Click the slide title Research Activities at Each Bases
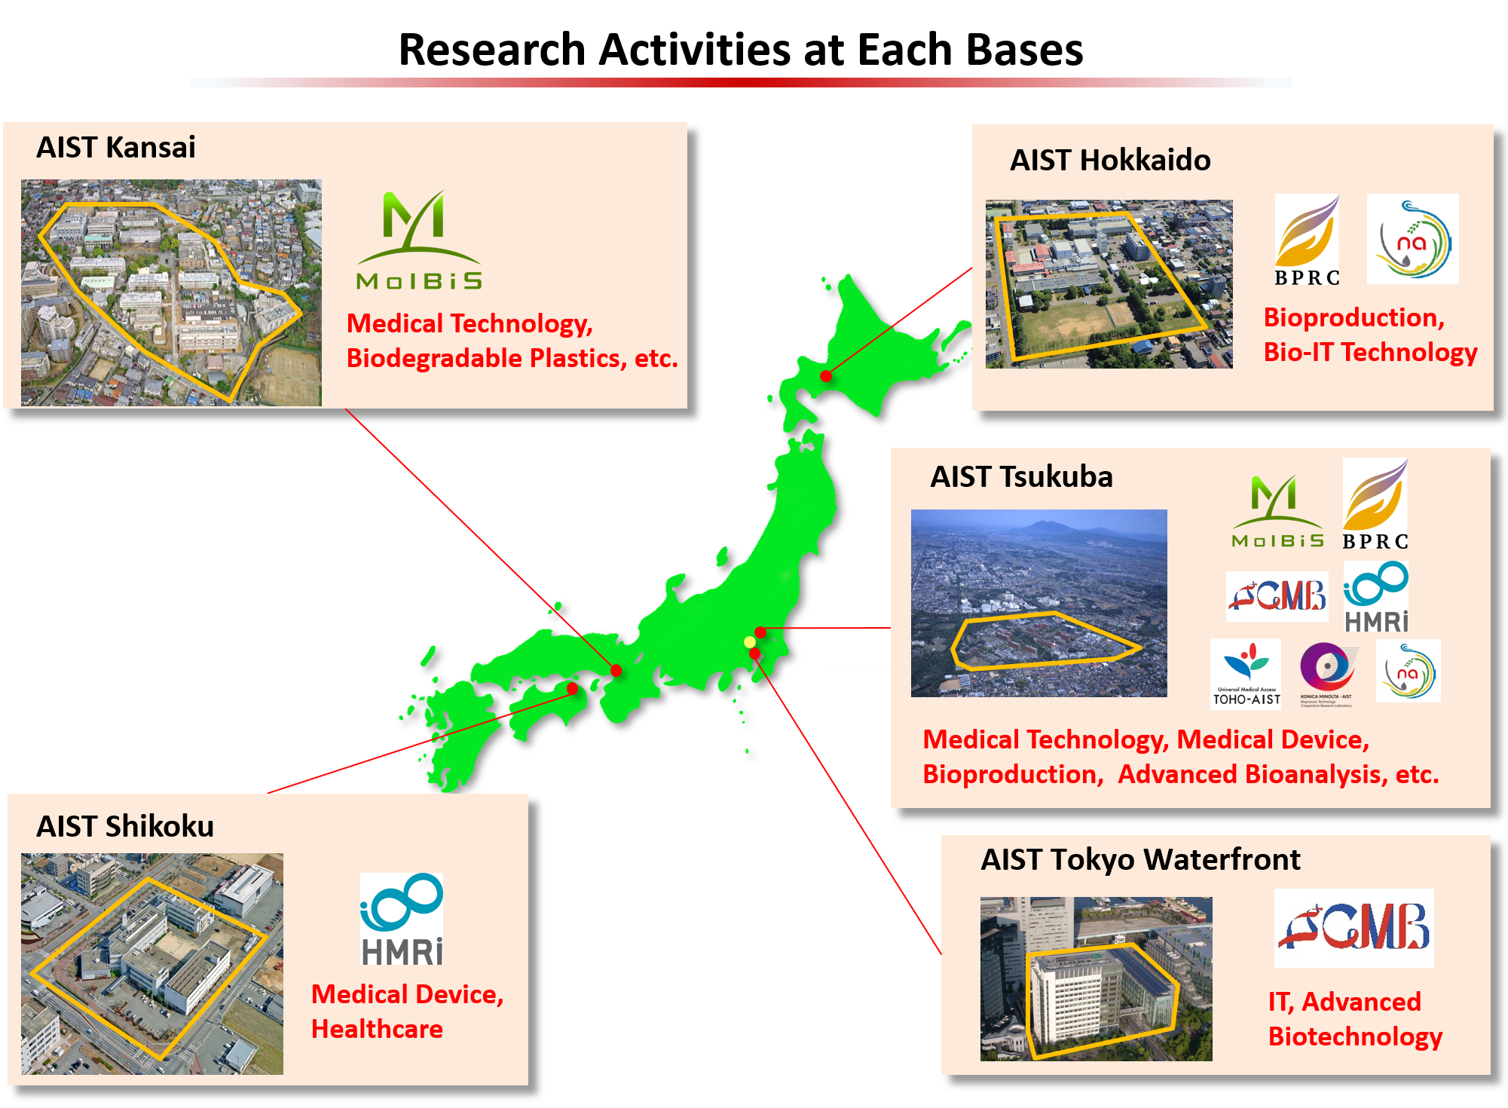[x=740, y=51]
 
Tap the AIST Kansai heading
[x=116, y=148]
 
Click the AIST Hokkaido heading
[x=1109, y=161]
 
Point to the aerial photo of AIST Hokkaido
[x=1109, y=284]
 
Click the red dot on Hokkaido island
[x=826, y=376]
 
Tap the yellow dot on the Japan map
[x=749, y=642]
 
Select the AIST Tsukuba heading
[x=1021, y=477]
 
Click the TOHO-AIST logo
[x=1246, y=673]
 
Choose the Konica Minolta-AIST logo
[x=1326, y=673]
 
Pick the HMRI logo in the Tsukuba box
[x=1376, y=598]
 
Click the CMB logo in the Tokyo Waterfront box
[x=1354, y=928]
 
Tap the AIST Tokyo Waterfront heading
[x=1140, y=860]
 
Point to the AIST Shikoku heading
[x=125, y=827]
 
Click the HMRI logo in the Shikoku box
[x=402, y=920]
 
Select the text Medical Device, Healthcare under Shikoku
[x=407, y=1012]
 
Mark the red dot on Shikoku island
[x=573, y=688]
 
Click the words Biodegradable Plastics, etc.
[x=512, y=359]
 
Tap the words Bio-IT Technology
[x=1370, y=353]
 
